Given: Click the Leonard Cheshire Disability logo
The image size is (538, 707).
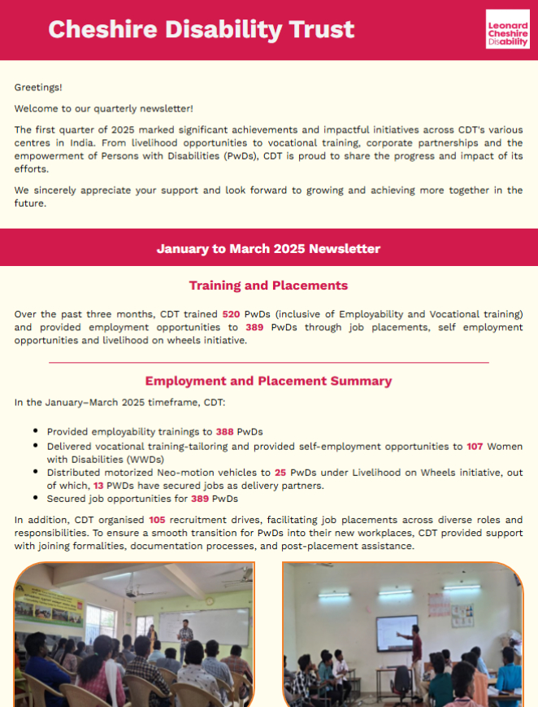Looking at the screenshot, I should (x=507, y=30).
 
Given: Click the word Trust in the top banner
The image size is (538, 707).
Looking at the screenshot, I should (x=319, y=30).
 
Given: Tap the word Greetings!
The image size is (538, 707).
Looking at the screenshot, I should (x=38, y=87).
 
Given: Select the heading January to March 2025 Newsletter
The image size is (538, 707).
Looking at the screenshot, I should (x=268, y=249).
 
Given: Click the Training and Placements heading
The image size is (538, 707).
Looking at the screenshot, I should (x=268, y=286).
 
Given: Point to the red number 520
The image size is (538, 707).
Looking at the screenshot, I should (x=232, y=314).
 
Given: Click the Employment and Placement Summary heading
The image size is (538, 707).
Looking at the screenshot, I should (x=268, y=381).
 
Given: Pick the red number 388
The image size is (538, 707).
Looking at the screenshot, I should (x=225, y=432).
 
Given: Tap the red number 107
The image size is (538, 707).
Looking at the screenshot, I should (x=475, y=447).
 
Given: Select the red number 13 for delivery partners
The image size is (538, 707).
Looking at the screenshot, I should (x=98, y=486).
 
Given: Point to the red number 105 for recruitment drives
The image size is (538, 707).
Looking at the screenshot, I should (x=158, y=519).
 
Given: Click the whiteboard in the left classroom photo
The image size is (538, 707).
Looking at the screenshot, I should (x=214, y=626).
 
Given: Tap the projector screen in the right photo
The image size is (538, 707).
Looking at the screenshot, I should (x=397, y=632).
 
